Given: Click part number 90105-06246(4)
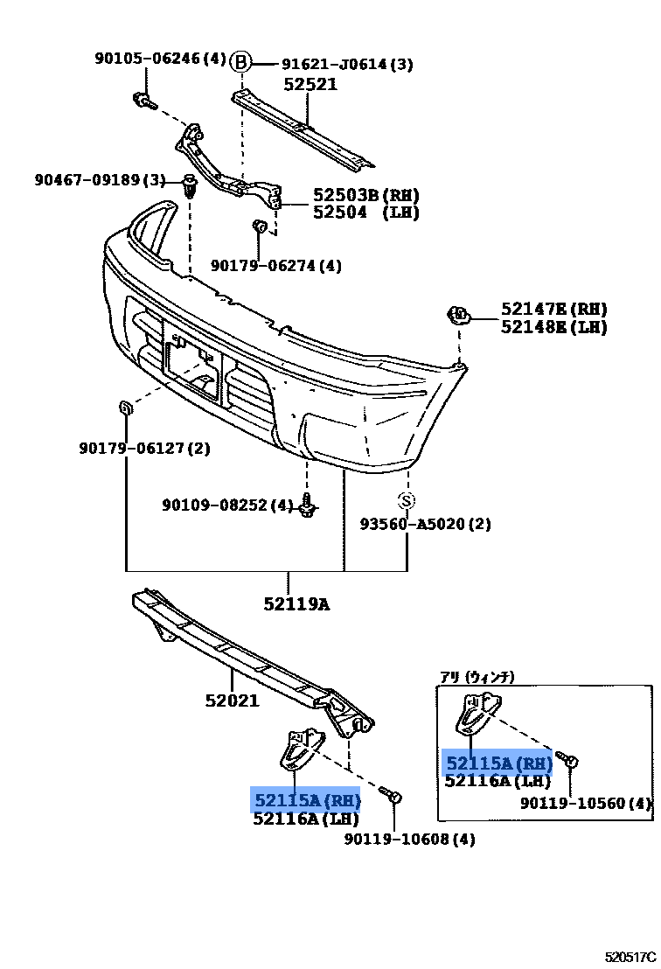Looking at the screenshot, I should [160, 59].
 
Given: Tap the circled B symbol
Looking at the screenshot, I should [241, 62].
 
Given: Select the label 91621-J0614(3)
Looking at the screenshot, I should [347, 63].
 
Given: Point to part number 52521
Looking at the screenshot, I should [310, 85].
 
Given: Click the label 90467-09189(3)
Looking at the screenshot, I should [101, 180].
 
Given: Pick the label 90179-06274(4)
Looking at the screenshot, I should [276, 266].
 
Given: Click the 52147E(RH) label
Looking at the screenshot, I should [554, 310].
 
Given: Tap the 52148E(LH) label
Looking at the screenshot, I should [554, 327].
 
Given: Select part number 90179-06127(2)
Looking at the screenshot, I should [144, 449].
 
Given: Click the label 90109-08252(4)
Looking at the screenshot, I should [227, 505].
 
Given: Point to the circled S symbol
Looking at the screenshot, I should [407, 500].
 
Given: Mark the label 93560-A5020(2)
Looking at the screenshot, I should [426, 524].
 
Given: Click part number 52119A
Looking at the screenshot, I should [297, 603].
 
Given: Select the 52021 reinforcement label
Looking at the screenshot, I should [233, 701].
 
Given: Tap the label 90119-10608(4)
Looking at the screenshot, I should [409, 840].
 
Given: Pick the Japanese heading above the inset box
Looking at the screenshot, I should [477, 676].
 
